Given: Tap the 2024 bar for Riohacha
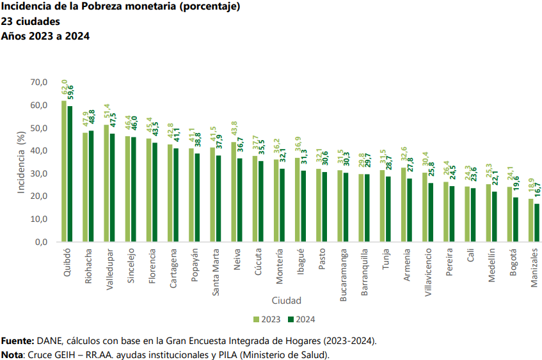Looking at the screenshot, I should [91, 186].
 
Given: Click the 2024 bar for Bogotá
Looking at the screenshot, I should [516, 219].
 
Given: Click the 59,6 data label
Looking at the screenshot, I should [70, 91].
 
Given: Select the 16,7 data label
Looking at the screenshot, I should [537, 192].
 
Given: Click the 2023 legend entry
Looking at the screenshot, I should [266, 319].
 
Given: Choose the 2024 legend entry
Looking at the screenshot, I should [301, 319].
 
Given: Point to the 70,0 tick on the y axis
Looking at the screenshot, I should [39, 82].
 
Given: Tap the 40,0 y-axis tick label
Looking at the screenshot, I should [39, 151].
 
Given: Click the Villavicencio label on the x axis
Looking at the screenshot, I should [427, 274].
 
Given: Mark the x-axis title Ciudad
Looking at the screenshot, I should [286, 300].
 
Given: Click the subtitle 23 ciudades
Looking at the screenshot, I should [31, 22].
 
